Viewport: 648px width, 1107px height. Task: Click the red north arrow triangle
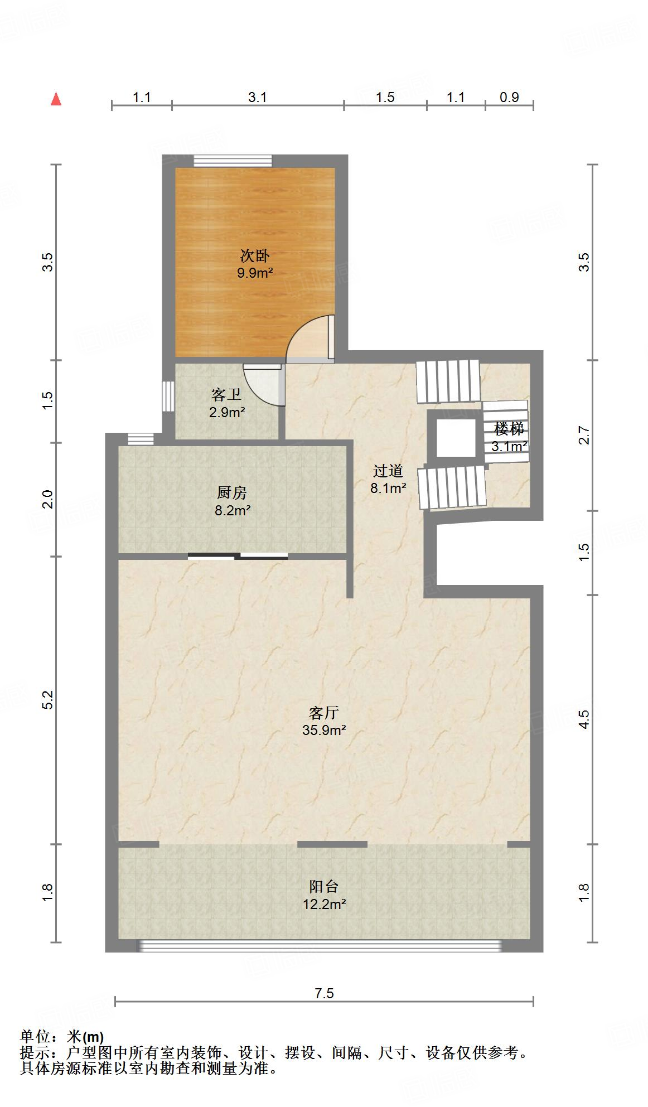click(x=56, y=99)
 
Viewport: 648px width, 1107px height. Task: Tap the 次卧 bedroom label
click(x=255, y=256)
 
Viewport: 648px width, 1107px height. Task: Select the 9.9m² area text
click(x=255, y=273)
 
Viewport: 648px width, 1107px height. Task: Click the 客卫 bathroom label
click(x=226, y=395)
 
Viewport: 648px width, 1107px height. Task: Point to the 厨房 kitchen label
click(x=232, y=493)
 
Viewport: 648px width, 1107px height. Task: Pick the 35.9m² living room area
click(x=324, y=730)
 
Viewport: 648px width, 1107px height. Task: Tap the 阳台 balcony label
click(x=324, y=887)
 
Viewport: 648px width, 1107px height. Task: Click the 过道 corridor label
click(x=388, y=471)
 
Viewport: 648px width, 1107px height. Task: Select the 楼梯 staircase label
click(x=509, y=429)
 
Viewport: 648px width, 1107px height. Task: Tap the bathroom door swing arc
click(x=262, y=385)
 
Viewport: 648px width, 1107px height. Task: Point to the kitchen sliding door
click(x=238, y=555)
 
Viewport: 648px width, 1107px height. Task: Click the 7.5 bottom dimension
click(x=324, y=993)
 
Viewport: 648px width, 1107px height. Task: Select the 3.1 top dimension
click(x=257, y=98)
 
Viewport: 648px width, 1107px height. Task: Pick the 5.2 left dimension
click(x=48, y=700)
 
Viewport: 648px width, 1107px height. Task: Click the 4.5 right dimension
click(x=584, y=719)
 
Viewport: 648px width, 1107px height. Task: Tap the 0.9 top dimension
click(x=509, y=98)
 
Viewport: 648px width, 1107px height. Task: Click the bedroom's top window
click(x=233, y=161)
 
